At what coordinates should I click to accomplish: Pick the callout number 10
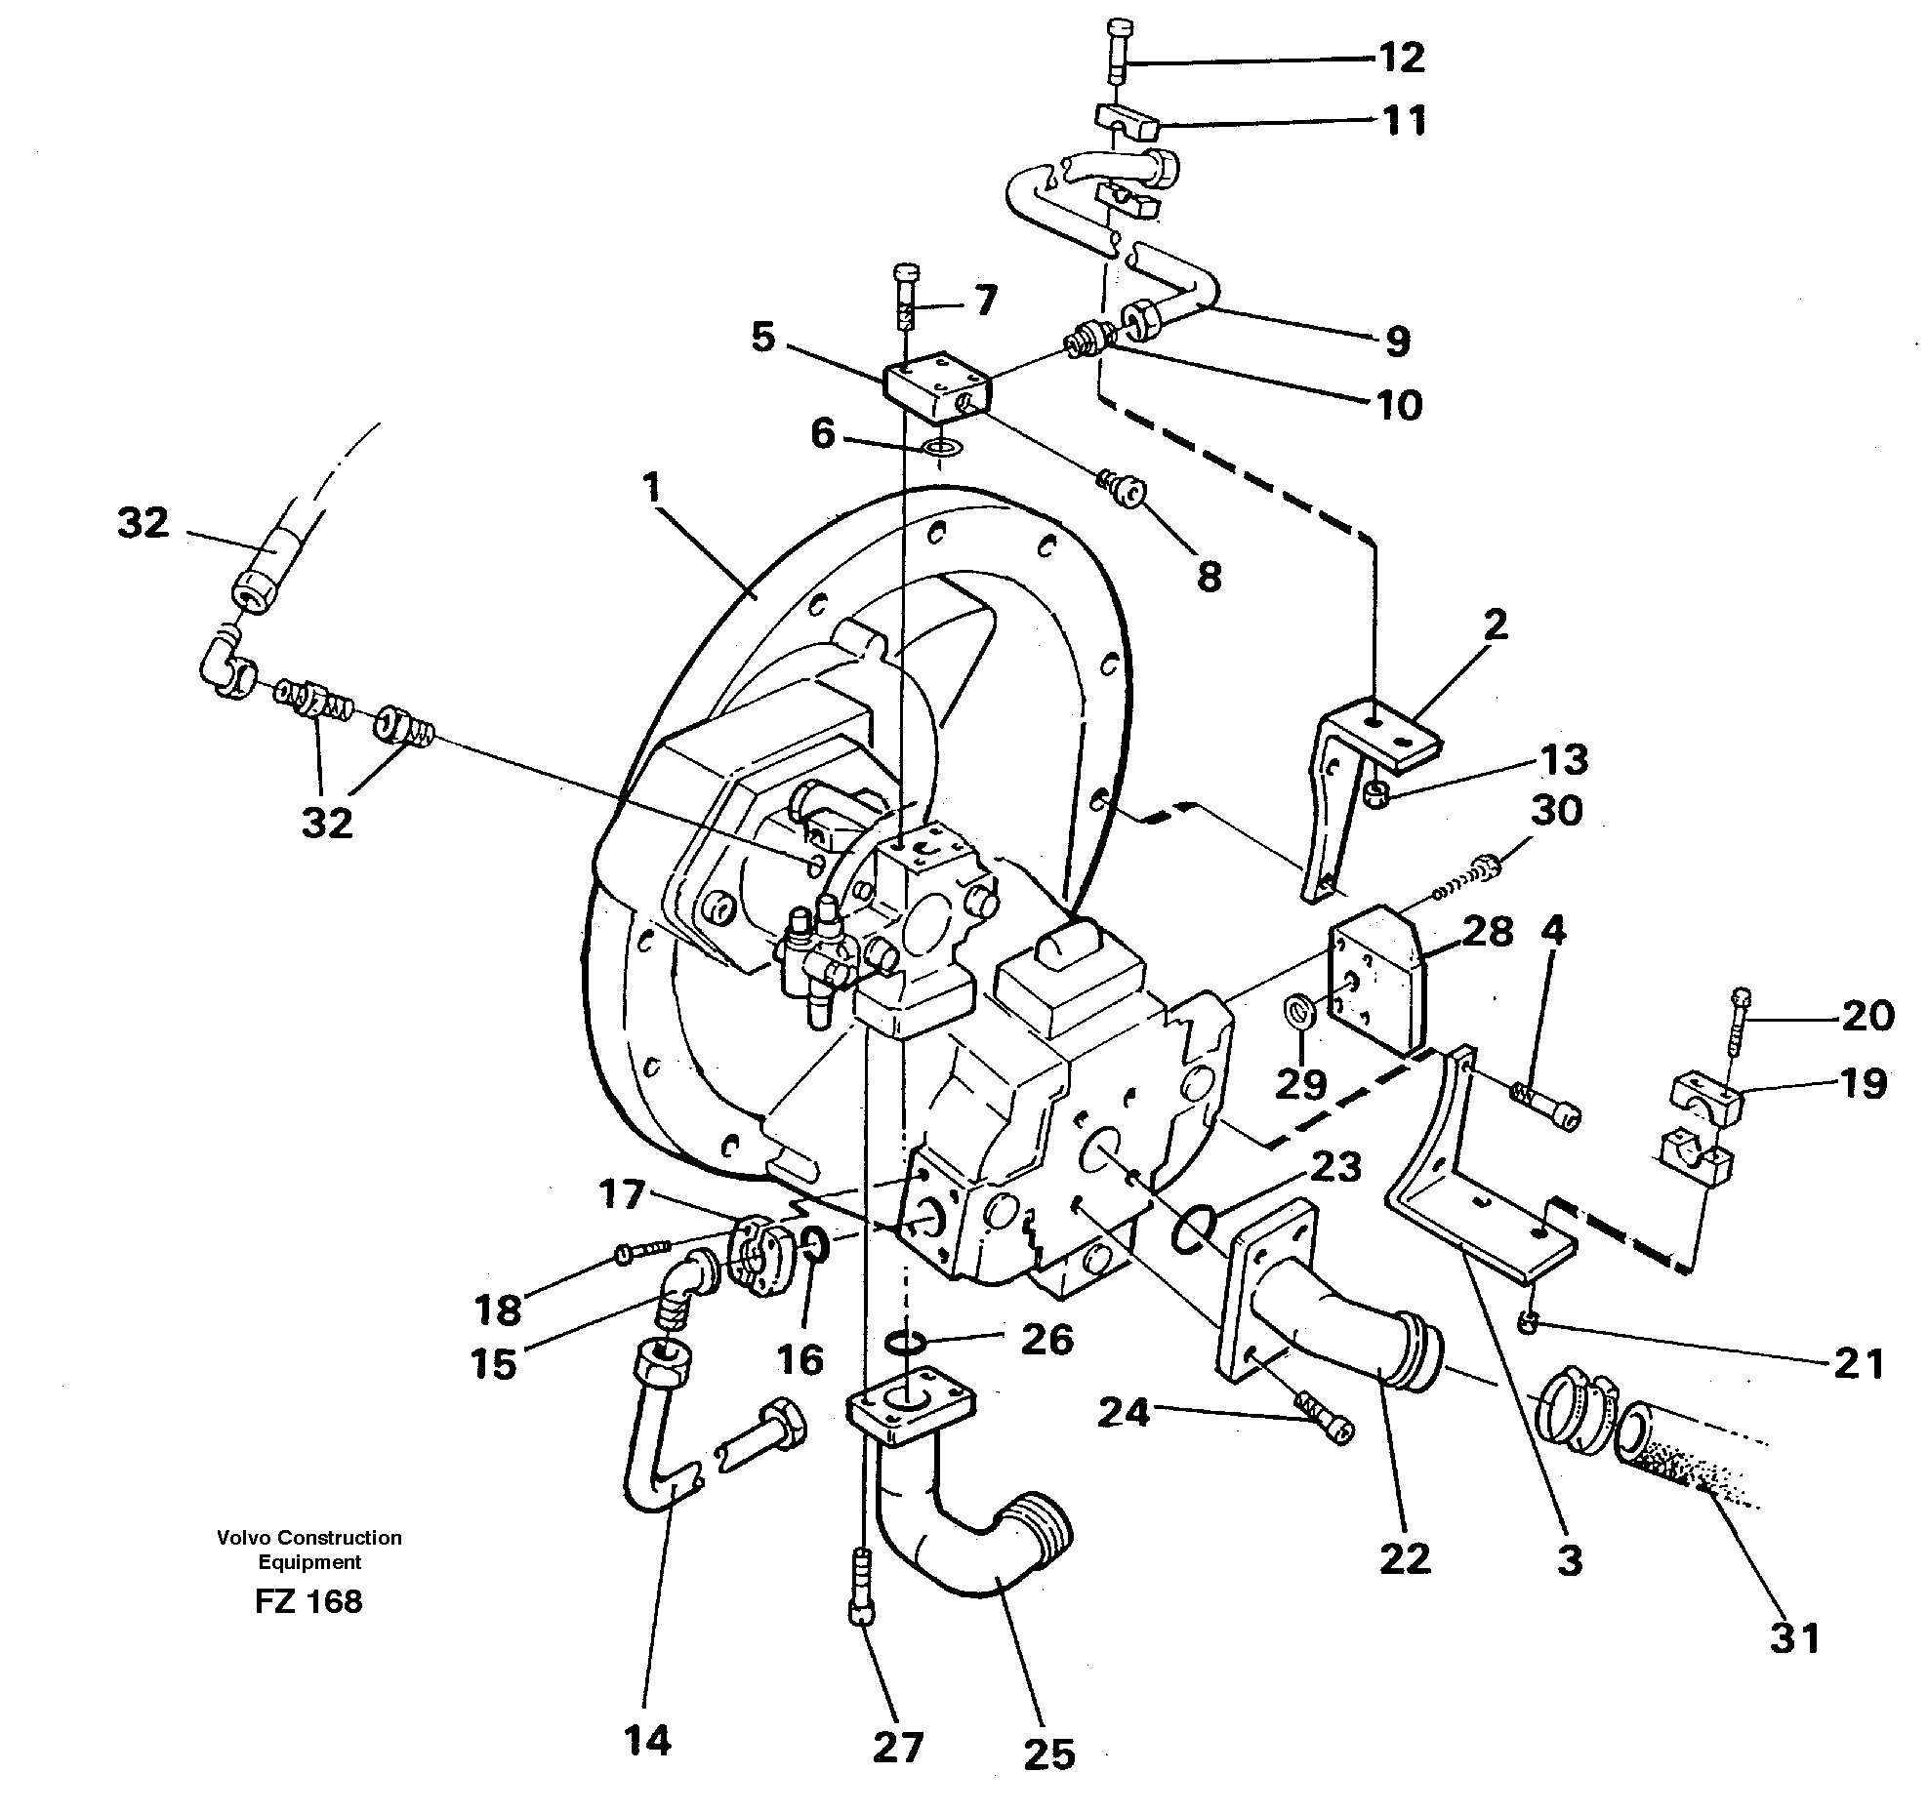coord(1399,405)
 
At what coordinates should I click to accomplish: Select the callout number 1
coord(651,488)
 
